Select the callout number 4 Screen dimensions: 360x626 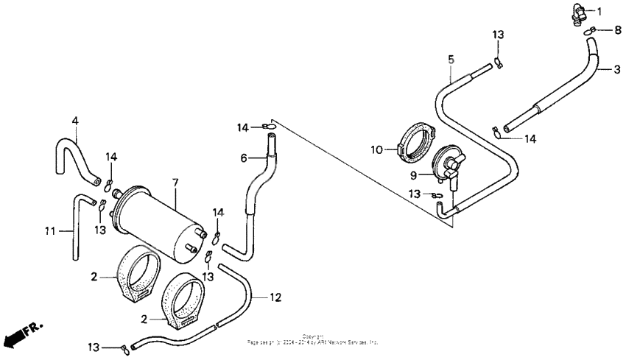pyautogui.click(x=74, y=120)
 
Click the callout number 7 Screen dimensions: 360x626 pyautogui.click(x=175, y=181)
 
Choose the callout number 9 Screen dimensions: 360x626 pyautogui.click(x=414, y=175)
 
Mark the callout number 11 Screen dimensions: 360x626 pyautogui.click(x=49, y=230)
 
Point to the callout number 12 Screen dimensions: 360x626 pyautogui.click(x=275, y=297)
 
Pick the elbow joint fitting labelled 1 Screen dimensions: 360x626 pyautogui.click(x=577, y=13)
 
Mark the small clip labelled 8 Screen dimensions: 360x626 pyautogui.click(x=593, y=30)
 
